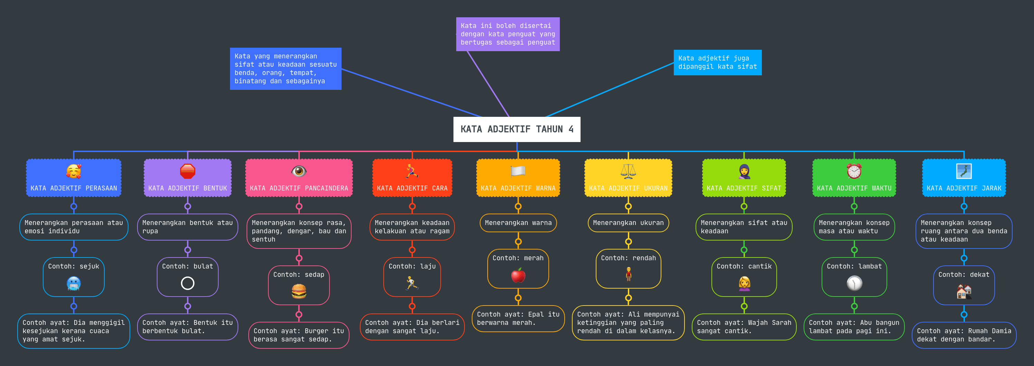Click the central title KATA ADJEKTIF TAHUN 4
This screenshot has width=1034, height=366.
pos(517,129)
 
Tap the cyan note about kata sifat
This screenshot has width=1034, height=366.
pos(717,62)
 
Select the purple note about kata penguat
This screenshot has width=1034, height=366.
pos(507,34)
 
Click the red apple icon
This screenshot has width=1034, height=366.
pos(518,275)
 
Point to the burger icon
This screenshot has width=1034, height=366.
pos(299,291)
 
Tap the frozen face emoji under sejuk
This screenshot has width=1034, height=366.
pos(74,284)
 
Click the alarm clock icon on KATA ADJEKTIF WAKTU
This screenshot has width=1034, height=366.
pos(854,171)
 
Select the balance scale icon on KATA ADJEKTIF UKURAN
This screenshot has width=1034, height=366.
pos(628,171)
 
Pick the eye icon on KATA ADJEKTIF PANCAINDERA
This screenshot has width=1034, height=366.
pos(299,171)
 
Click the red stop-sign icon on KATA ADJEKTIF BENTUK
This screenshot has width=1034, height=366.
pos(188,171)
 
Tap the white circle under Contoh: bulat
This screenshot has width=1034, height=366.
pos(188,283)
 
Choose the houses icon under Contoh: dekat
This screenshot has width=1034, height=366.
pos(964,292)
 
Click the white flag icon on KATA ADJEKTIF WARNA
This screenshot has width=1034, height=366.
pos(518,171)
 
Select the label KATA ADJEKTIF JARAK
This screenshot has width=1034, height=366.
pos(964,188)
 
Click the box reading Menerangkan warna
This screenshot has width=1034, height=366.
pos(518,223)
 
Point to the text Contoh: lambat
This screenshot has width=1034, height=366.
pos(854,266)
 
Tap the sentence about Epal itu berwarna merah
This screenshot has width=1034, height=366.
pos(518,319)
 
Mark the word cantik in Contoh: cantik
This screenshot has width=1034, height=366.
pos(759,266)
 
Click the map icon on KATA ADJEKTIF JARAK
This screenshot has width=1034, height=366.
pos(964,171)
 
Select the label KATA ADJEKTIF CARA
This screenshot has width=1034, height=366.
pos(412,188)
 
